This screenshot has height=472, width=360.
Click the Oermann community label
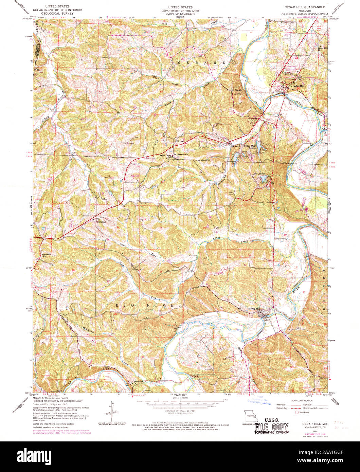tap(102, 222)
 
